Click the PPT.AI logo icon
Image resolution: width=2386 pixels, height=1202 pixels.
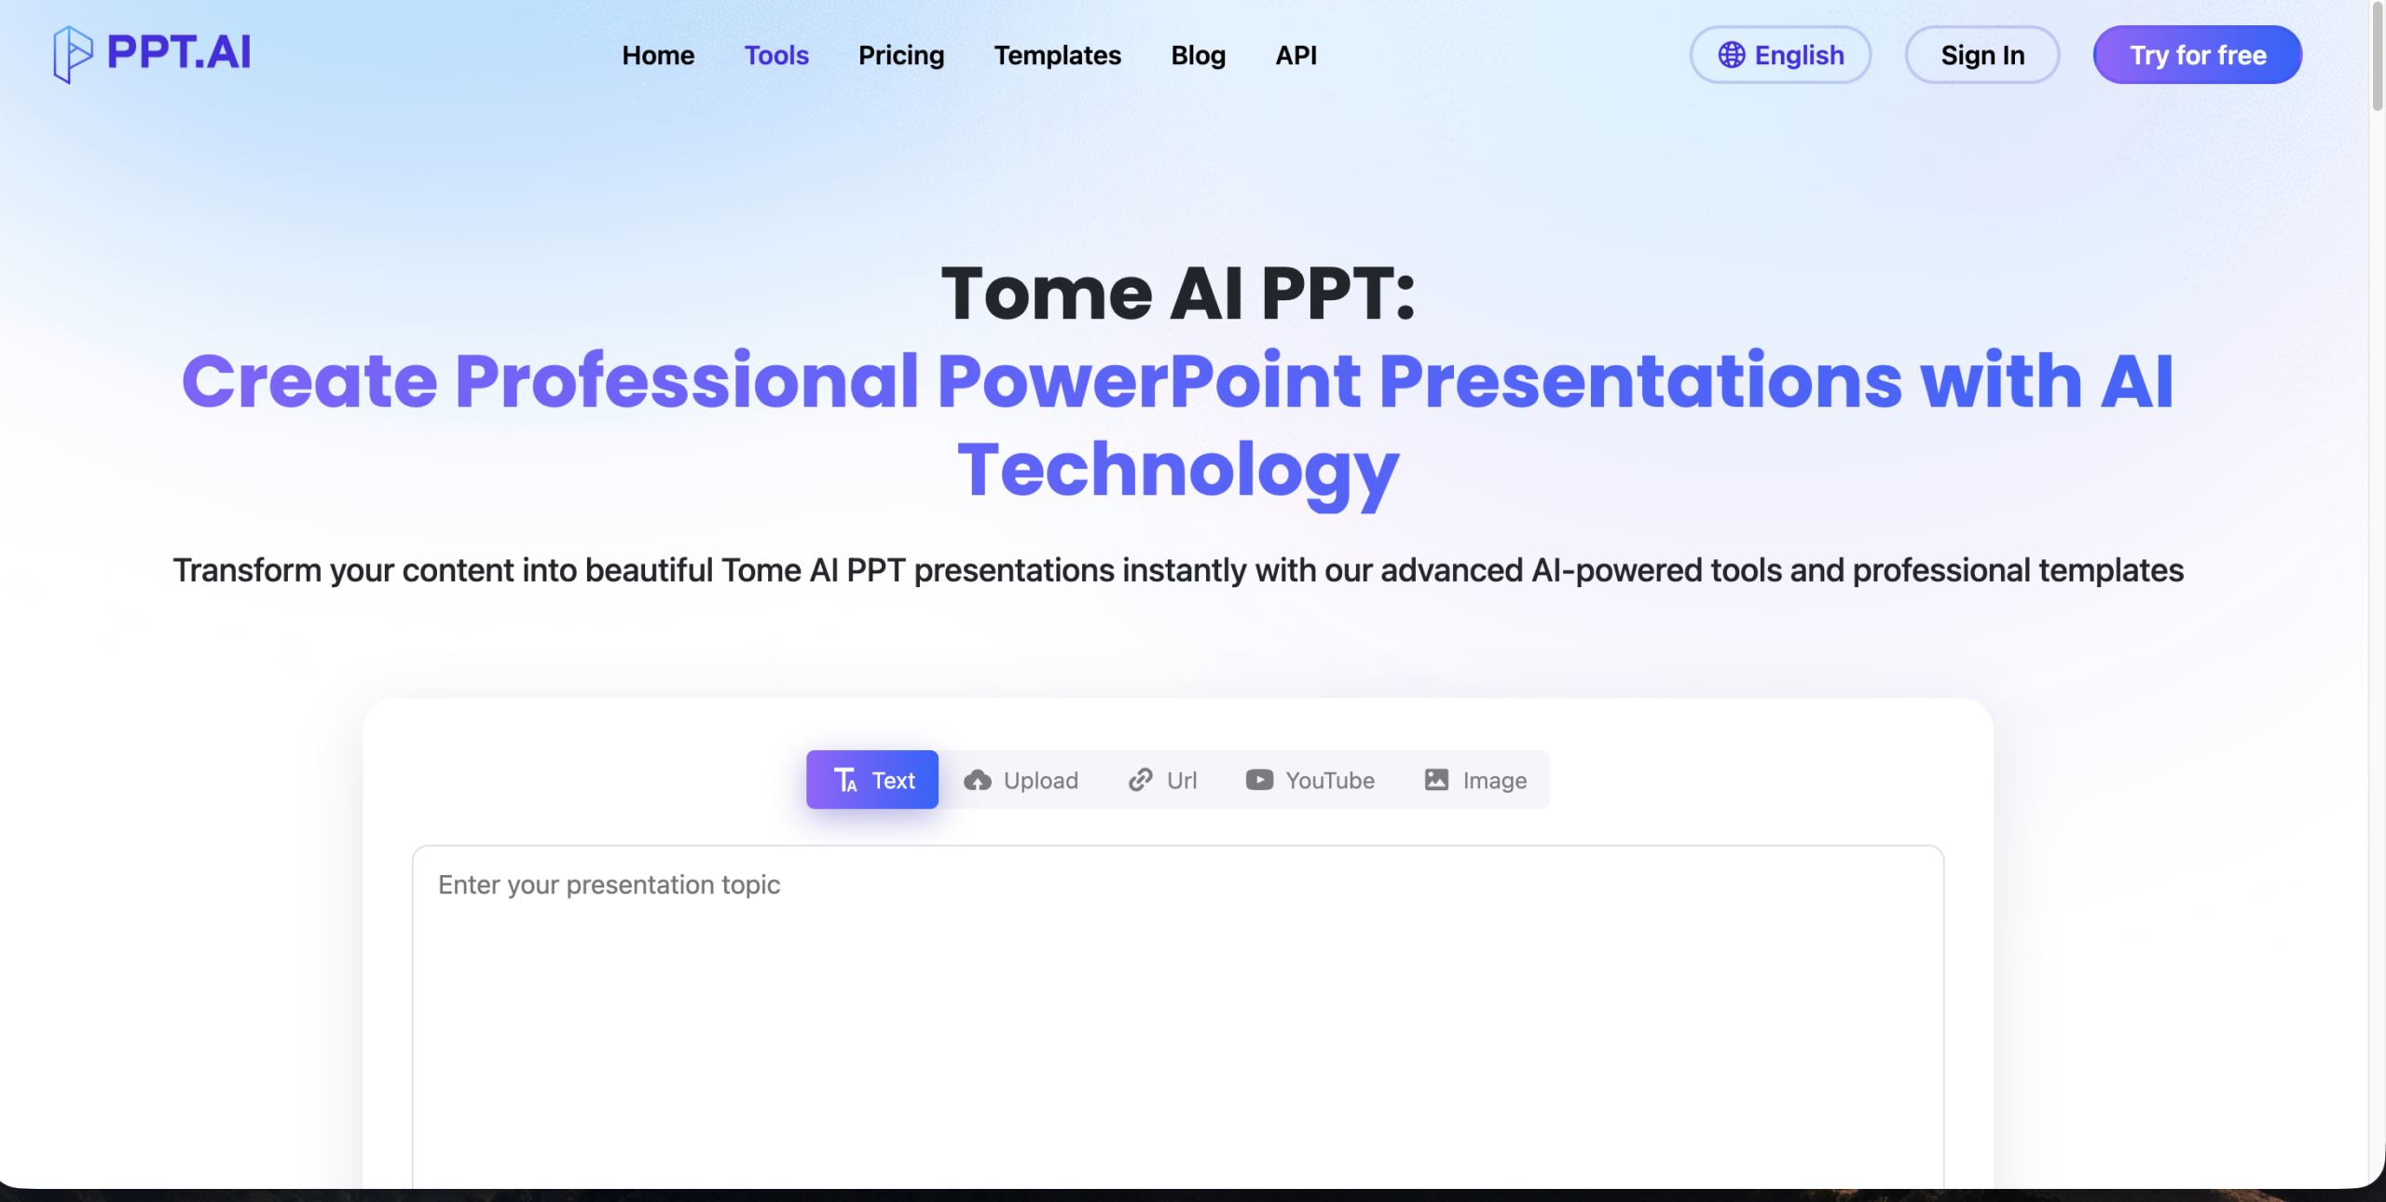point(73,54)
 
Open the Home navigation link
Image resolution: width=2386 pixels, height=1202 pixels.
point(658,55)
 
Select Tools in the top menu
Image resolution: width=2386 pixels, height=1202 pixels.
point(776,55)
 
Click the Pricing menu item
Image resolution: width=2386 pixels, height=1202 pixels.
point(901,56)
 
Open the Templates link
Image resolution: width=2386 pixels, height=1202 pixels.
point(1058,56)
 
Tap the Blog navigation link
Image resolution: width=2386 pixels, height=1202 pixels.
point(1199,56)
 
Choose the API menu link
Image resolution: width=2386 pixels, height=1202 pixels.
point(1296,55)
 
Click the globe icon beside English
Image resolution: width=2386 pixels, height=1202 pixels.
point(1732,55)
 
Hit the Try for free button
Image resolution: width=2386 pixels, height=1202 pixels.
point(2198,55)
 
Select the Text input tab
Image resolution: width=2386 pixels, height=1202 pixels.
point(872,780)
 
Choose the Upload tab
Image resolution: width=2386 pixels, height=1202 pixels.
point(1021,780)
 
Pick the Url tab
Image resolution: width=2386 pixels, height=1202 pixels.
point(1162,780)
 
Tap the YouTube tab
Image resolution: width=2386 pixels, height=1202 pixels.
point(1310,780)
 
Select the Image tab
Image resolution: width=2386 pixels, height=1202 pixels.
point(1475,780)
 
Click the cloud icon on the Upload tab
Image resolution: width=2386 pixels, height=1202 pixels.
point(978,780)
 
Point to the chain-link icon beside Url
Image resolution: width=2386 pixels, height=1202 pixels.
point(1141,780)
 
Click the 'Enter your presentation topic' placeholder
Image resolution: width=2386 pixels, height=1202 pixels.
point(609,885)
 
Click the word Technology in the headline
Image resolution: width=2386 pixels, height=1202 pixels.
point(1178,471)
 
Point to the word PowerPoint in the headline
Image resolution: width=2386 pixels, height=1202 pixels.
point(1148,381)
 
